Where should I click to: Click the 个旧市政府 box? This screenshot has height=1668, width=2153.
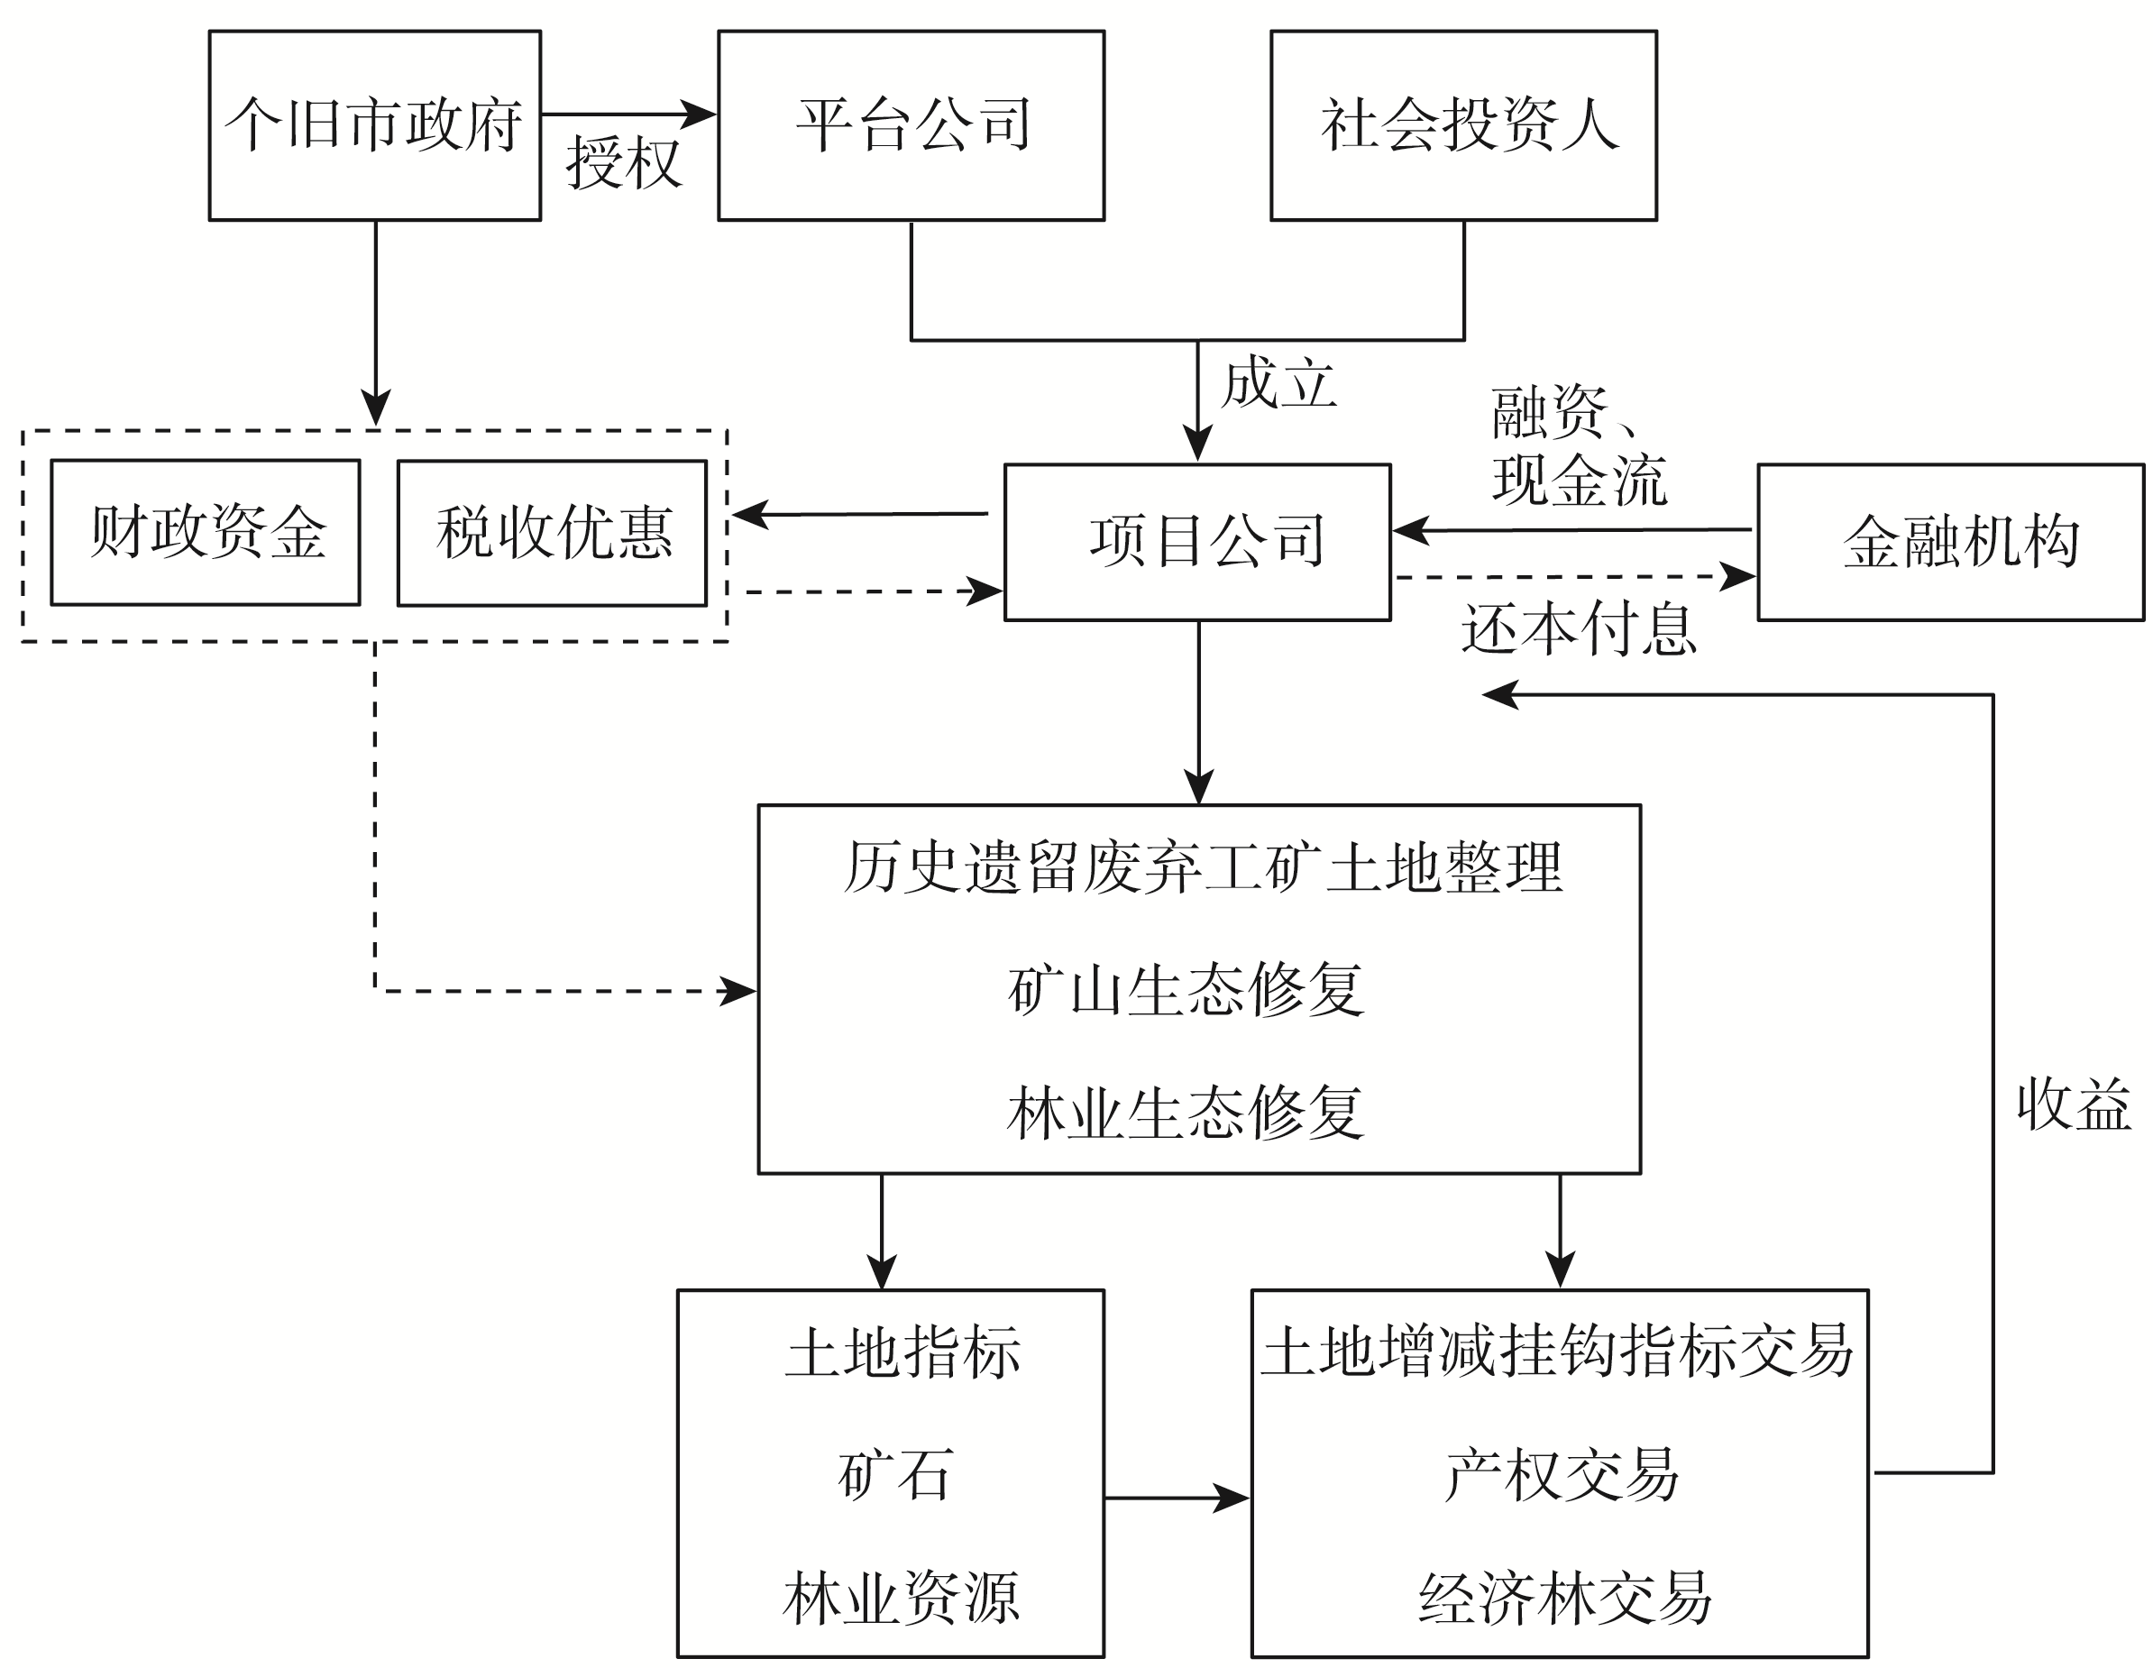click(x=374, y=125)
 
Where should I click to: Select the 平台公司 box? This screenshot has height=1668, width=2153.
click(x=911, y=125)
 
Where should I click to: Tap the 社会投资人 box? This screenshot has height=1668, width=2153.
click(x=1463, y=125)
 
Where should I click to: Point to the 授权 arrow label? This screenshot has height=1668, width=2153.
click(x=623, y=162)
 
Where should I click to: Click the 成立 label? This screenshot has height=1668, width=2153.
click(x=1278, y=383)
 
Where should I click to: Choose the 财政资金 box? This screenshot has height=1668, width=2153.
click(x=206, y=532)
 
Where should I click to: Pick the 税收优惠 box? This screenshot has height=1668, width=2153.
click(x=552, y=532)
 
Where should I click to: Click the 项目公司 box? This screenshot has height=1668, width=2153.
click(x=1197, y=541)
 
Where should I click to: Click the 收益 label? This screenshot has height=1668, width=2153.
click(x=2073, y=1104)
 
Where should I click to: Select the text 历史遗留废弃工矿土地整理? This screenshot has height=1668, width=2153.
click(x=1203, y=867)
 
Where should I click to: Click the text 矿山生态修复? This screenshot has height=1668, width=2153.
click(x=1185, y=990)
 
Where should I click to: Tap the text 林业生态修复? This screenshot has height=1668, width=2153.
click(x=1185, y=1112)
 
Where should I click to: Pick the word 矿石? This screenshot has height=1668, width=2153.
click(x=895, y=1475)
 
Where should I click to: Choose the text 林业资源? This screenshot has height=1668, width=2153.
click(x=900, y=1598)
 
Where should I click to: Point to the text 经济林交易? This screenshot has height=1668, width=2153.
click(x=1564, y=1598)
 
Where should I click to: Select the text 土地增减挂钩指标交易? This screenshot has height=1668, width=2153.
click(x=1558, y=1351)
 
